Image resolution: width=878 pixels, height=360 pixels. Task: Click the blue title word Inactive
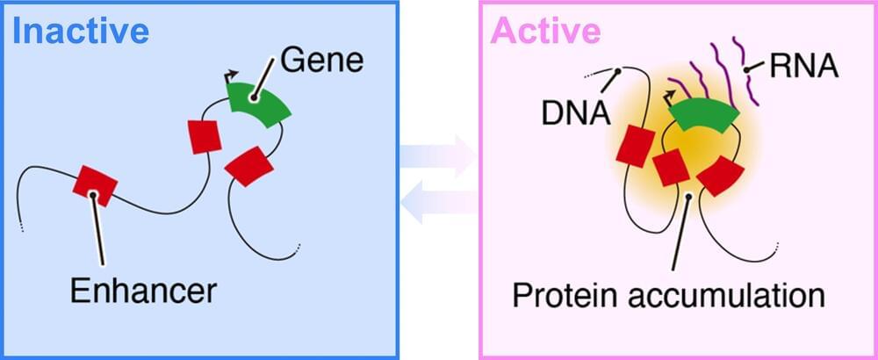click(80, 32)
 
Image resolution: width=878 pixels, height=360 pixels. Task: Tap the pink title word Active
click(545, 32)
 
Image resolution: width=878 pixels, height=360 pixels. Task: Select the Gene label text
click(321, 61)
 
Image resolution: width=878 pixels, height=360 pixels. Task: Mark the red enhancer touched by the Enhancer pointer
click(94, 184)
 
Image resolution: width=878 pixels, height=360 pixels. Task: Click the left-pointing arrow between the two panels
click(438, 203)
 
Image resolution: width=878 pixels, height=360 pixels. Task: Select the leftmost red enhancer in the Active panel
click(632, 145)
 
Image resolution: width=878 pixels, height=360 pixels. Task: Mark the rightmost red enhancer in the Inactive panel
click(249, 167)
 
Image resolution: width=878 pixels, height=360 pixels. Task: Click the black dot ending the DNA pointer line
click(619, 71)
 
